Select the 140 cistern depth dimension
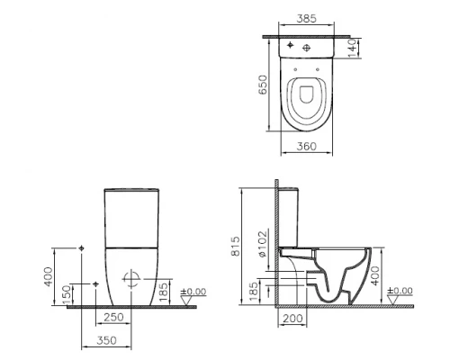(x=354, y=46)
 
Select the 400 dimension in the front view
(x=49, y=275)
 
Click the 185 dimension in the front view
(x=162, y=291)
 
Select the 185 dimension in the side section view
(x=256, y=291)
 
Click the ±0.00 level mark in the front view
(x=194, y=292)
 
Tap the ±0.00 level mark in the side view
(x=400, y=292)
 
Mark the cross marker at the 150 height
(x=95, y=284)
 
